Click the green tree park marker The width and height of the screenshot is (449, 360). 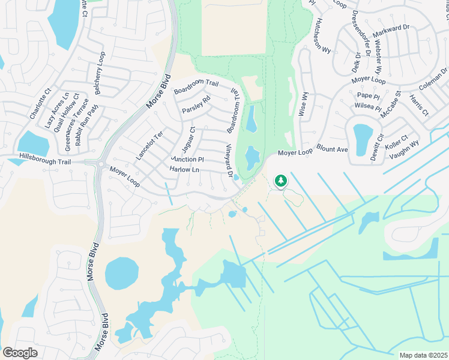point(280,180)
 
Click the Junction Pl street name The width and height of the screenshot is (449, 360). point(187,160)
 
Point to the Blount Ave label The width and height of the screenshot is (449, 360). point(332,149)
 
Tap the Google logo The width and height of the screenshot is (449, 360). point(20,353)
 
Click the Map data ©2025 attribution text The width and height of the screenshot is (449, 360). point(424,355)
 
